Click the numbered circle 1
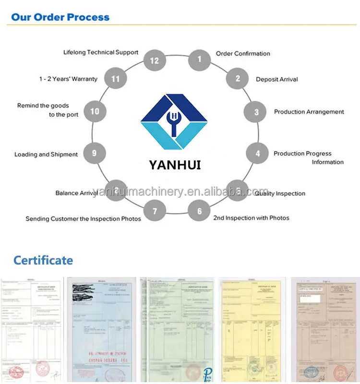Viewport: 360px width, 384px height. [x=199, y=60]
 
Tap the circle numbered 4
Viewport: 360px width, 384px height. [x=258, y=154]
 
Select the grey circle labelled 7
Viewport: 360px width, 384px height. [x=155, y=211]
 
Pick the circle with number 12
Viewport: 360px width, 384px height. [x=155, y=60]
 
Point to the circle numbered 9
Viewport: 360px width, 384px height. [x=94, y=153]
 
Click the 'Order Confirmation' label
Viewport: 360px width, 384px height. [x=243, y=54]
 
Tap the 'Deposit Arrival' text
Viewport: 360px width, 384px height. [x=276, y=79]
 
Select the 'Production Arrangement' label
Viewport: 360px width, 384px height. [x=309, y=112]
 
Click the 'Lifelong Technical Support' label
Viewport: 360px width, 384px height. [x=101, y=52]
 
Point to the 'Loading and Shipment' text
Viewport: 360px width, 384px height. [x=46, y=155]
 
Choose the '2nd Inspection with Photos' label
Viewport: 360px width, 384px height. [x=251, y=218]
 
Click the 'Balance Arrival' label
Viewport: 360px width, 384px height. [x=76, y=193]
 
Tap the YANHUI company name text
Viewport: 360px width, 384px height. [x=175, y=165]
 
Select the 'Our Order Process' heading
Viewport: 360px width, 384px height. [x=60, y=17]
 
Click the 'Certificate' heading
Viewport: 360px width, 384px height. [x=43, y=261]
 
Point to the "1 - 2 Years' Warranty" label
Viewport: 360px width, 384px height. [x=68, y=79]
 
